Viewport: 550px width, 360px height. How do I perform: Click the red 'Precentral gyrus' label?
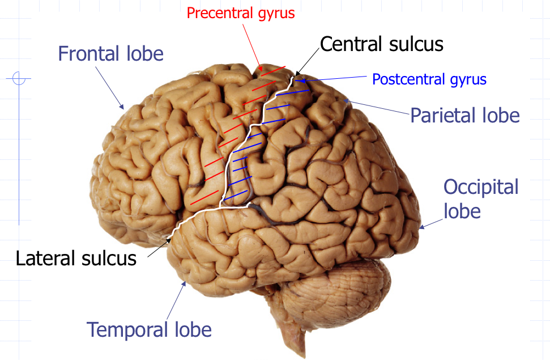[241, 12]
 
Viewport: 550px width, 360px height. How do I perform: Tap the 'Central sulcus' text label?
[381, 44]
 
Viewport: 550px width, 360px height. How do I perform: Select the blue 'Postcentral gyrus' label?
[429, 79]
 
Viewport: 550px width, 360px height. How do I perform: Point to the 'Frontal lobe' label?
[110, 54]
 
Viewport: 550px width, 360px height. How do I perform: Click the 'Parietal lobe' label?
[464, 115]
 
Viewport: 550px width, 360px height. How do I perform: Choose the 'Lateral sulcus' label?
[76, 258]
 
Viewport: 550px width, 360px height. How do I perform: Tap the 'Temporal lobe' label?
[148, 329]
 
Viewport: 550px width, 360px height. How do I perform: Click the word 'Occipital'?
[481, 187]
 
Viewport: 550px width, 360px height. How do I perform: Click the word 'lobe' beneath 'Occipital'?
[462, 211]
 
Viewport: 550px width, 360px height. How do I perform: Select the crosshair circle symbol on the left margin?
[19, 78]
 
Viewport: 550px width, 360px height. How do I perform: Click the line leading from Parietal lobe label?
[377, 108]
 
